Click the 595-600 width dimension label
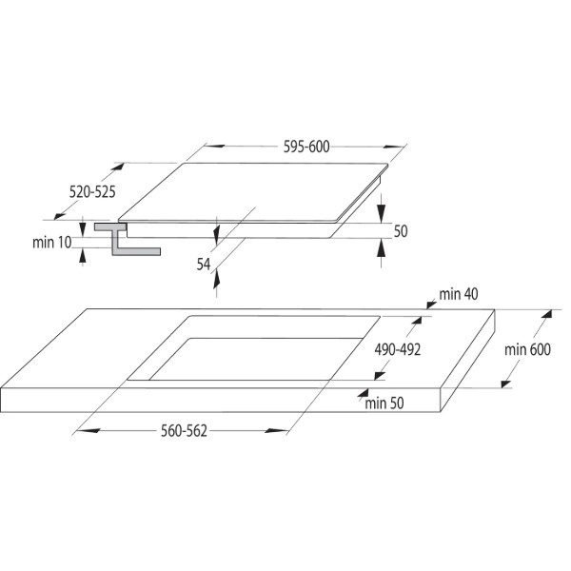point(306,147)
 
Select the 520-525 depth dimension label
point(92,191)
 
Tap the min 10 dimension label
point(51,243)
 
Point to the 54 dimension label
point(204,264)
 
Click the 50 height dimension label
point(401,231)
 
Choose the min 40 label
point(459,294)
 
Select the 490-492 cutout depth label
point(397,349)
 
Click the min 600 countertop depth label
point(527,349)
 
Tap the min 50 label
point(384,404)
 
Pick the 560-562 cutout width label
point(184,431)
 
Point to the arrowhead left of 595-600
point(214,146)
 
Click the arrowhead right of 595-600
point(393,148)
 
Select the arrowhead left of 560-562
point(89,431)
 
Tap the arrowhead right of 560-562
point(276,431)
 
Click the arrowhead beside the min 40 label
point(431,305)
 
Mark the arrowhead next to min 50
point(363,392)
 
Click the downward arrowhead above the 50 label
point(382,213)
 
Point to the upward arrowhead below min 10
point(83,256)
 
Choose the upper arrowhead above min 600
point(546,314)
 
